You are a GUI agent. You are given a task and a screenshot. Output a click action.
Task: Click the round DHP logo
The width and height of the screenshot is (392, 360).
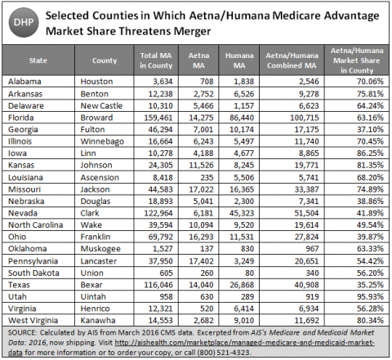(x=24, y=23)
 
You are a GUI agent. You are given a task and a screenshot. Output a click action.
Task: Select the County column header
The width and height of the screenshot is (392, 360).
(x=105, y=60)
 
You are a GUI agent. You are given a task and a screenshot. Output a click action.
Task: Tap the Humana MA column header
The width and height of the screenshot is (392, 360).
(x=239, y=60)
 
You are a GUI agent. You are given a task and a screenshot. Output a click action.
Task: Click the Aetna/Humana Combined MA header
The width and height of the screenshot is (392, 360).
(x=292, y=60)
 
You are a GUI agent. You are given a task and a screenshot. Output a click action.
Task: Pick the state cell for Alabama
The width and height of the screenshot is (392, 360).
(x=24, y=82)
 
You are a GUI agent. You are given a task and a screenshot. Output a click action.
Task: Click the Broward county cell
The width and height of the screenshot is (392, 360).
(x=96, y=118)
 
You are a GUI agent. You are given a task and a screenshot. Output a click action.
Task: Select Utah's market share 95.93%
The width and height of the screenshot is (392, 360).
(x=370, y=296)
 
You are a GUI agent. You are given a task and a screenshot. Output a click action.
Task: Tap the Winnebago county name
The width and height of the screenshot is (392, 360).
(x=102, y=141)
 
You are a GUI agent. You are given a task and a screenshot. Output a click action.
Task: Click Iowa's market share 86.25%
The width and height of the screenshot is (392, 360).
(x=370, y=153)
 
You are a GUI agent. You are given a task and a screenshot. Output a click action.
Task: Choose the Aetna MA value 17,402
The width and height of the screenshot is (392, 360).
(x=201, y=261)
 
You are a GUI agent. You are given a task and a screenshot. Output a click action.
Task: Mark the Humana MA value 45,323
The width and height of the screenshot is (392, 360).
(x=242, y=213)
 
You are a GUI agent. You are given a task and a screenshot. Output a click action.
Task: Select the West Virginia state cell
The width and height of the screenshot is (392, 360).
(x=33, y=321)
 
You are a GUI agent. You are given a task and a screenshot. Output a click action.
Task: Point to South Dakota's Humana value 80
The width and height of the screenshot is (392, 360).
(x=249, y=273)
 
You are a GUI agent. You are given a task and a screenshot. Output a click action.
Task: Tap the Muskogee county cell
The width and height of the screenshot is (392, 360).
(x=100, y=249)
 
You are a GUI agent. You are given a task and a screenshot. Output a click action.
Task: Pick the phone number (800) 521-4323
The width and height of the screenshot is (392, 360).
(x=223, y=353)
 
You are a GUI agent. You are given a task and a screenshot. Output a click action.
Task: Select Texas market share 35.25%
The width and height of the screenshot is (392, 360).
(x=370, y=285)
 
